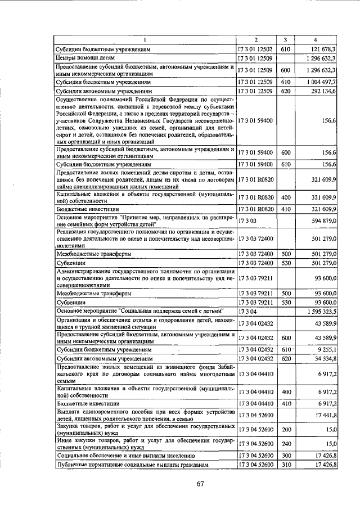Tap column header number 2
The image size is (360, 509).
pos(256,40)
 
